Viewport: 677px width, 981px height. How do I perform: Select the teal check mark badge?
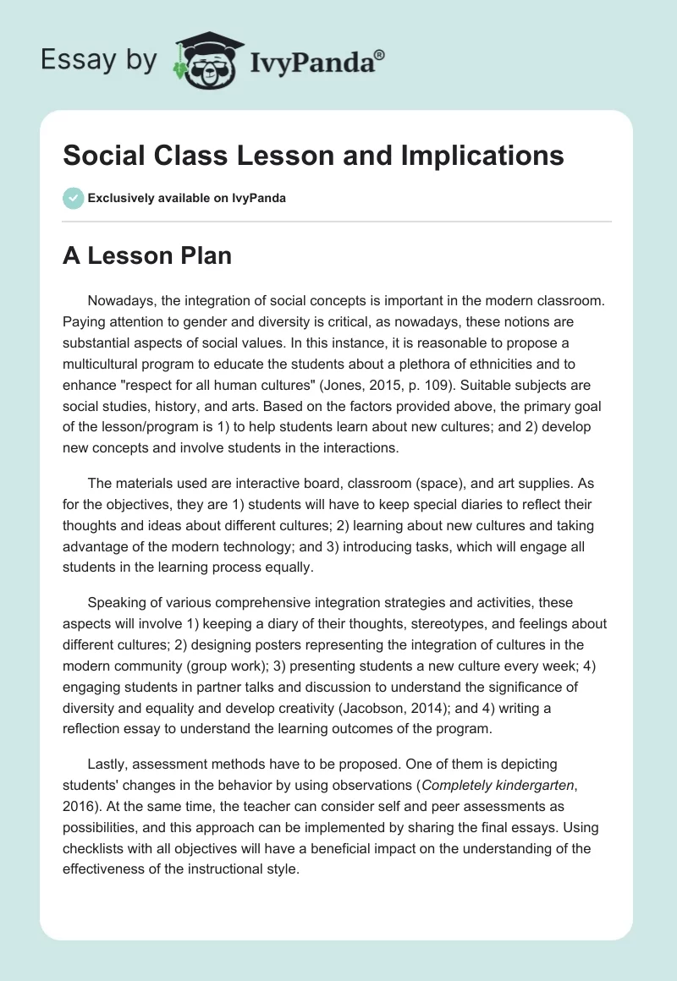[73, 198]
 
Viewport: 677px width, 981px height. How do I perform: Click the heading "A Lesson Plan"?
[146, 255]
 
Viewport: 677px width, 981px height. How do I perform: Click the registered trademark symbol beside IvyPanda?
[380, 54]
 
